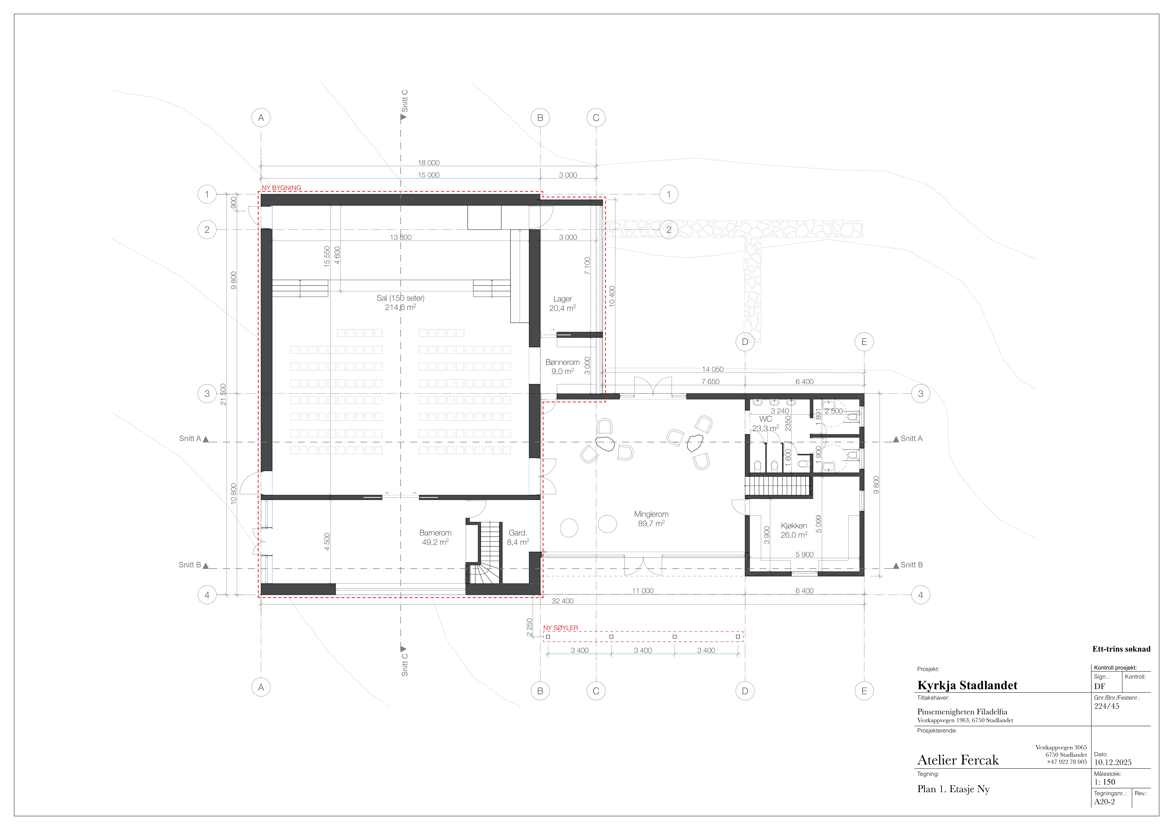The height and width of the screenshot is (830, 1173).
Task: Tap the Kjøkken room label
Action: click(794, 525)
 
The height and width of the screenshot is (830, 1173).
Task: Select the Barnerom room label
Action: click(435, 533)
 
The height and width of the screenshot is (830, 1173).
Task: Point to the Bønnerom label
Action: click(563, 362)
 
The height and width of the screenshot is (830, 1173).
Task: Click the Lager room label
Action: click(563, 299)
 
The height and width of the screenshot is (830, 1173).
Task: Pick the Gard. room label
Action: click(518, 533)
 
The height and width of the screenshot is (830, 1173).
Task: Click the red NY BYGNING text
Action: click(282, 188)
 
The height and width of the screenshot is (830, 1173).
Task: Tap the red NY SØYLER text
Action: click(560, 628)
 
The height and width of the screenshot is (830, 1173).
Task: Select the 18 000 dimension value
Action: click(429, 163)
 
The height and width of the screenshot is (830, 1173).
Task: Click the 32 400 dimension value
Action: click(563, 601)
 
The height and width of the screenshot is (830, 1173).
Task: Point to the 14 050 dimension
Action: click(713, 369)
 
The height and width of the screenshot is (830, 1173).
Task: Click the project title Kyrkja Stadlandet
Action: click(967, 685)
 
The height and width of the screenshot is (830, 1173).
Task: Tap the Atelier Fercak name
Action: click(958, 760)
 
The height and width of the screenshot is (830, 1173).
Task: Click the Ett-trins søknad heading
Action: click(1121, 649)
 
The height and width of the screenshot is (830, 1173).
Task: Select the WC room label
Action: click(765, 419)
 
